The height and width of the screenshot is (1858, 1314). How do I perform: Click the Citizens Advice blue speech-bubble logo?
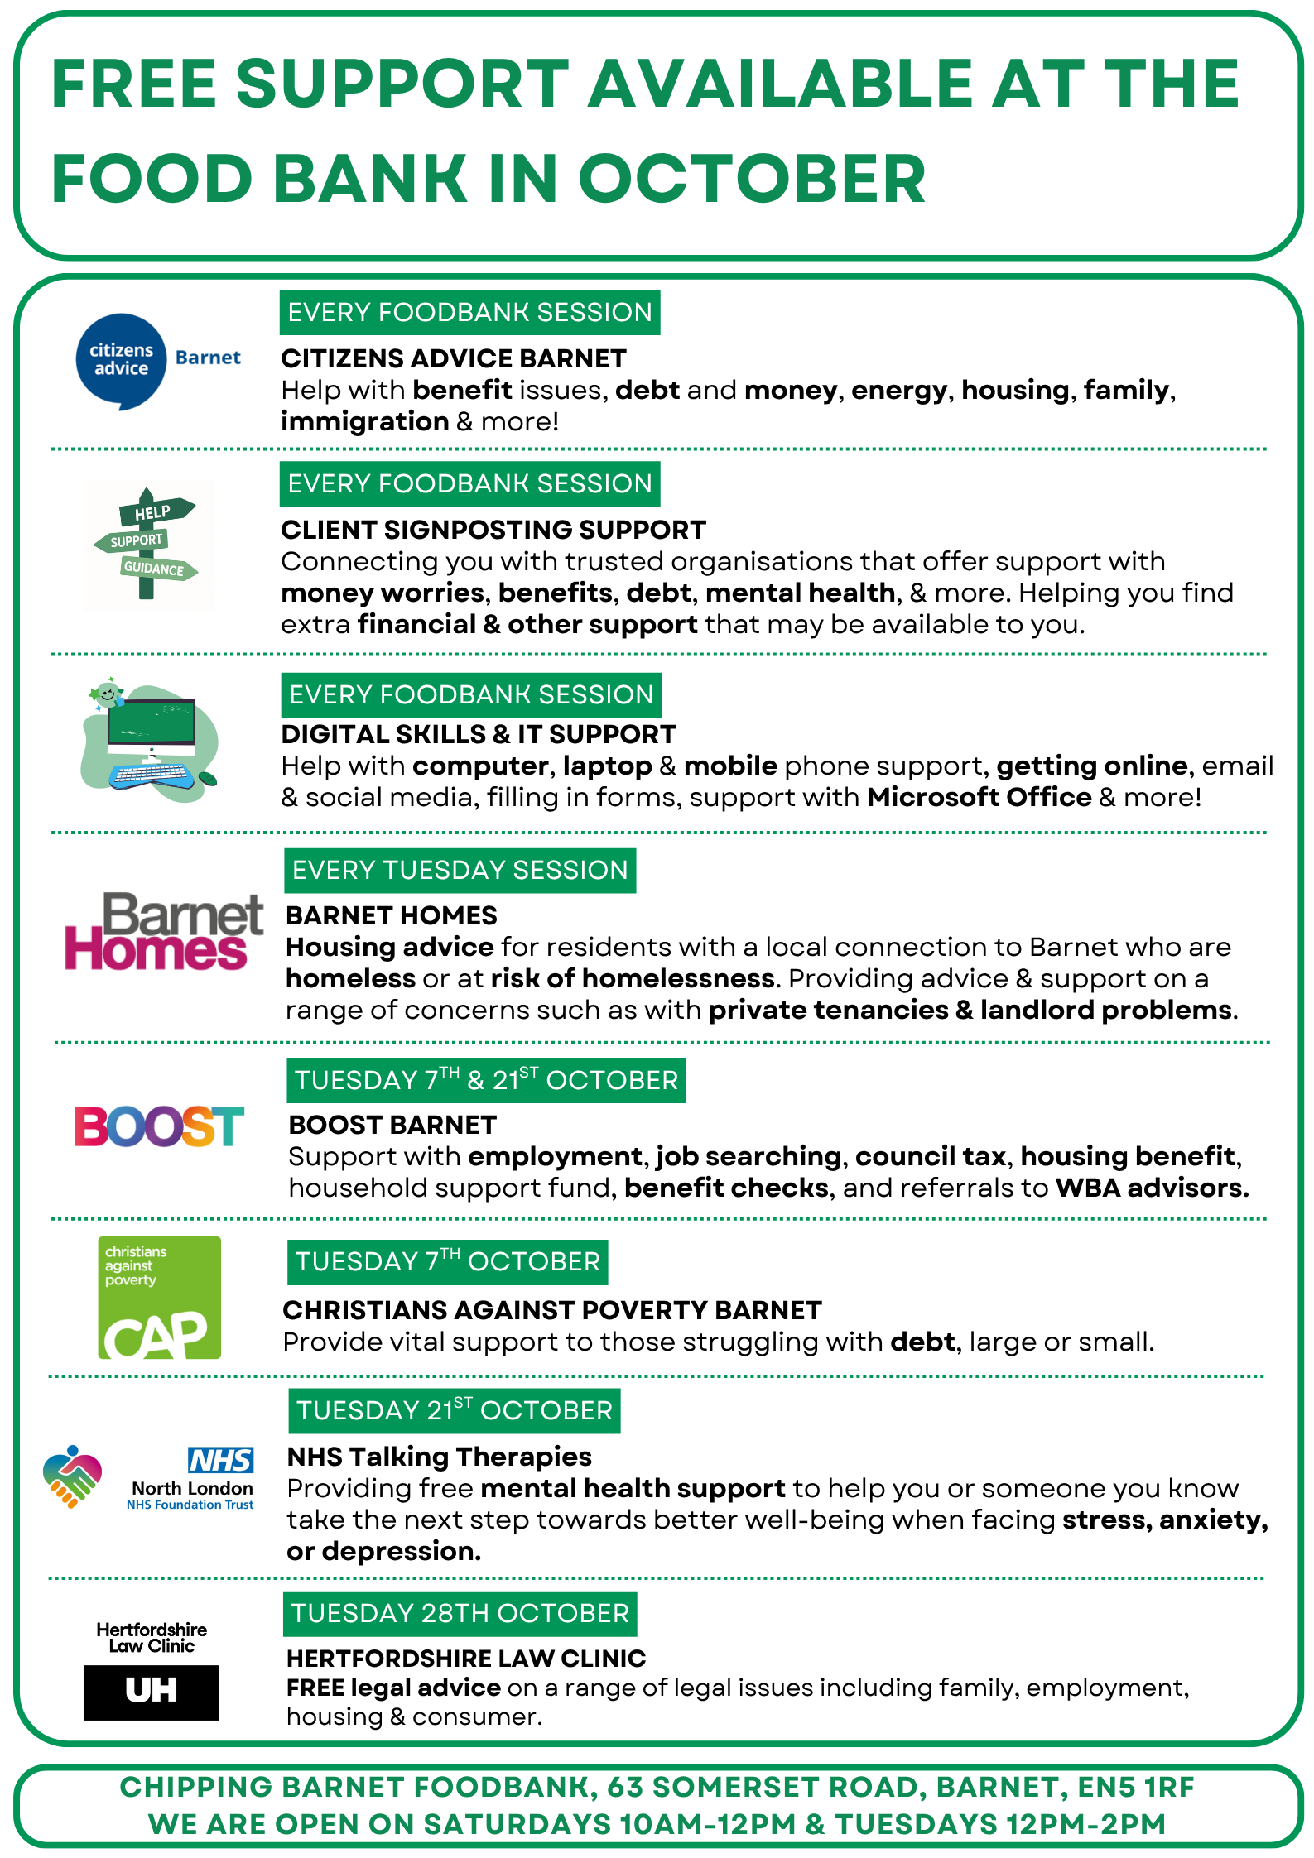(121, 361)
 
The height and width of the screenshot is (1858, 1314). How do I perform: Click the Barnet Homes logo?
(163, 932)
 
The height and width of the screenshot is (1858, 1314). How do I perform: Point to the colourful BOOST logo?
(159, 1126)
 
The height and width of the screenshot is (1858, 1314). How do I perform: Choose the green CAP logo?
(159, 1298)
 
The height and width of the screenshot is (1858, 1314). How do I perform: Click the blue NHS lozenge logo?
(220, 1460)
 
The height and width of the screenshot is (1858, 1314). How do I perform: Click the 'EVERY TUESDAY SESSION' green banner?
(460, 871)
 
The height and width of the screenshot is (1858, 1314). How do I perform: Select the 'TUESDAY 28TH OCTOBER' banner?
(460, 1613)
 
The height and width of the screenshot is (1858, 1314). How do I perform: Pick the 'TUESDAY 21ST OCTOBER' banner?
(455, 1410)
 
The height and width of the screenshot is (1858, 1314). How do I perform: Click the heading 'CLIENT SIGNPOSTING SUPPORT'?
(493, 530)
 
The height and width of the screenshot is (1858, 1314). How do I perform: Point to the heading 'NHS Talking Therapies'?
(440, 1456)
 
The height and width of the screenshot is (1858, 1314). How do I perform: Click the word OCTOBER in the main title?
(751, 179)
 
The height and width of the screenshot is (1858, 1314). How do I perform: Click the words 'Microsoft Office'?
(979, 797)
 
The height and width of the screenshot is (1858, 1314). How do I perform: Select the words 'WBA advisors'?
(1152, 1188)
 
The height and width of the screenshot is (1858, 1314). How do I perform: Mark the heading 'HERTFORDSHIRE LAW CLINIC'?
(466, 1658)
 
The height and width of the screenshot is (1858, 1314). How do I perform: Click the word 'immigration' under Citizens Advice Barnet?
(365, 421)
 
